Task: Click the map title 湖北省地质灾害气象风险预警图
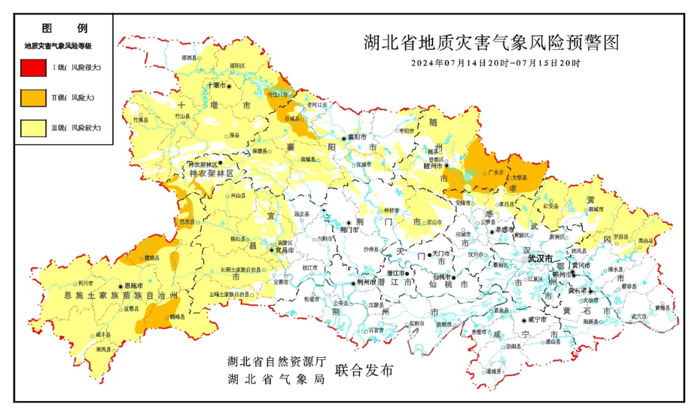pos(491,43)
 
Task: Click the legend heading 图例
pos(64,28)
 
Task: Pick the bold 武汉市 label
pos(540,259)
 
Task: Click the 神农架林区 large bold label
pos(211,175)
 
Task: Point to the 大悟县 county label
pos(519,178)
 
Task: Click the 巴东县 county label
pos(187,221)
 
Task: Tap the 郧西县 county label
pos(189,58)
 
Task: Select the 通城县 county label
pos(493,371)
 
